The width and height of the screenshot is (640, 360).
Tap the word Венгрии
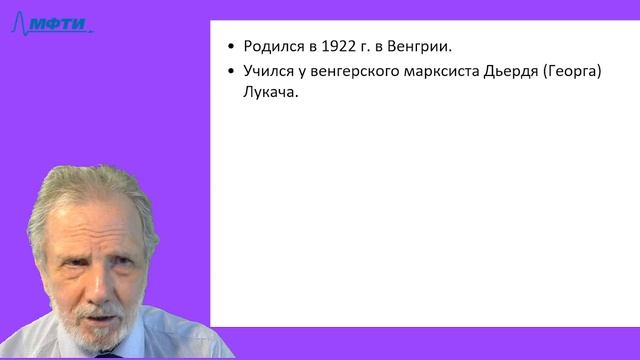click(423, 47)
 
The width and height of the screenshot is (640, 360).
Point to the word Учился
click(268, 72)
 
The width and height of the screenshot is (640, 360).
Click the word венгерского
click(357, 72)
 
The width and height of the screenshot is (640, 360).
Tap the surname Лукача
click(270, 97)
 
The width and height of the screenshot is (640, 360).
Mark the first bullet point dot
click(232, 47)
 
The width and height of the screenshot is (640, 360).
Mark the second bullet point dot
click(232, 72)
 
